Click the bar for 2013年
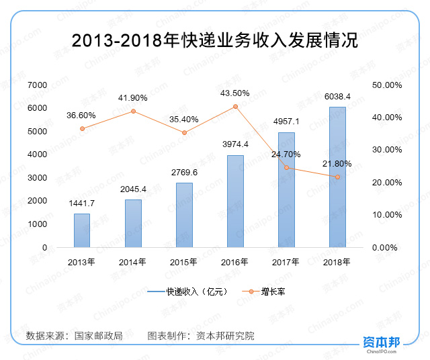(x=82, y=230)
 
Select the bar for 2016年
(x=235, y=201)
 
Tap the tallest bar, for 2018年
(x=337, y=177)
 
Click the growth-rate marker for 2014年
(x=133, y=111)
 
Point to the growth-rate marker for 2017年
(x=286, y=167)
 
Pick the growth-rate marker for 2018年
(x=337, y=177)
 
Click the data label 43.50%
(x=235, y=93)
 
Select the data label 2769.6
(x=184, y=173)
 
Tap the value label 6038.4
(x=337, y=97)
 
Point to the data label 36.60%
(x=81, y=116)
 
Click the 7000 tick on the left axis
(x=38, y=85)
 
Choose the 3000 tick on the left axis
(x=38, y=178)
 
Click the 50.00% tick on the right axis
(x=386, y=85)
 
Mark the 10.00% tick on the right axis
(x=386, y=215)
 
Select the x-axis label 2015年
(x=184, y=262)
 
